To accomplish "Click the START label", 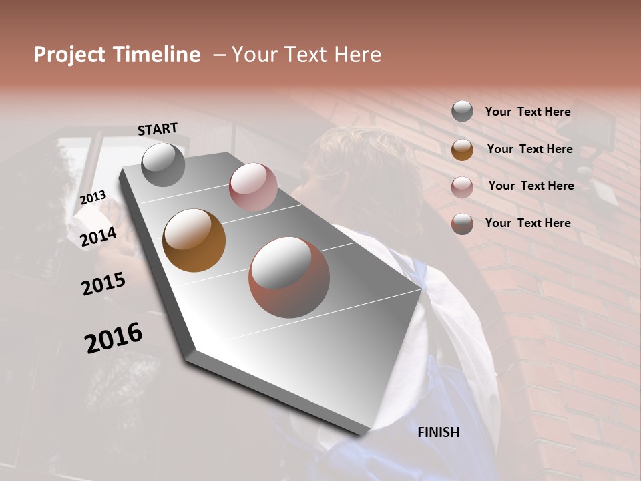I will click(158, 129).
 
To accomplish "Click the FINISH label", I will click(439, 432).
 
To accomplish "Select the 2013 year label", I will click(93, 197).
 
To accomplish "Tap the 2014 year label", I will click(99, 236).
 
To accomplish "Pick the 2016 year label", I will click(114, 338).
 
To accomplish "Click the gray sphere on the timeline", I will click(163, 164).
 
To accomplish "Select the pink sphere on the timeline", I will click(253, 187).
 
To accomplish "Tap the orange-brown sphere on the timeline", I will click(194, 240).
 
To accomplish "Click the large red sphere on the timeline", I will click(289, 277).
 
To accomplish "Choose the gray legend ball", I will click(462, 112).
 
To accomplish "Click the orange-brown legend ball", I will click(462, 150).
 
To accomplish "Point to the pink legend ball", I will click(462, 186).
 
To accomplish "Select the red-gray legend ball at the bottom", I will click(462, 224).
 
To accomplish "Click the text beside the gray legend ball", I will click(527, 112).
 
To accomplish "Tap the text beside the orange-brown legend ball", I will click(529, 149).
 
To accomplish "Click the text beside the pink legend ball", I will click(531, 186).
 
